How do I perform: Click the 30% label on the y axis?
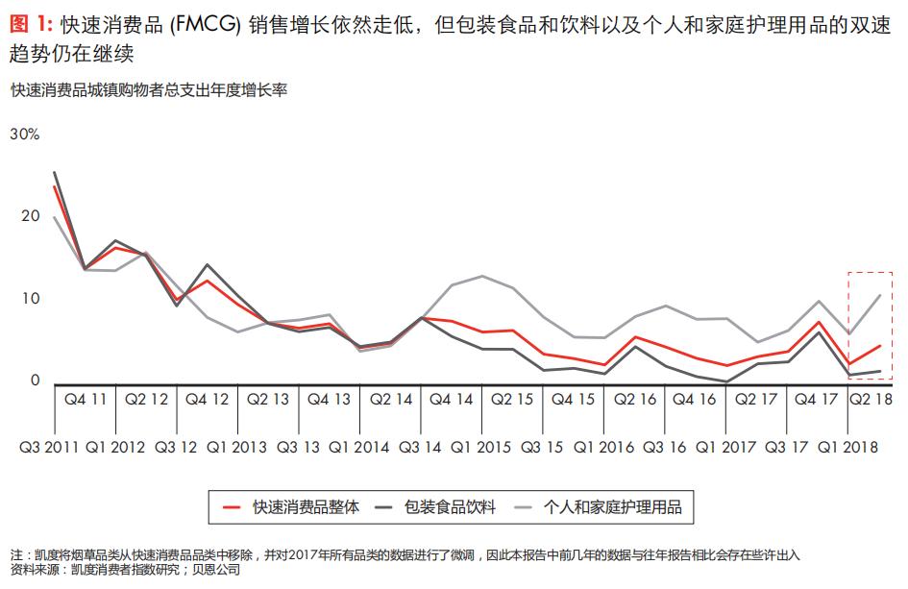pos(24,135)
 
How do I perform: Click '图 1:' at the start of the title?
pos(30,26)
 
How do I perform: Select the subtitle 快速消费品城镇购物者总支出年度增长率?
pos(150,90)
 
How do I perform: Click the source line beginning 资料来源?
pos(125,571)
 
